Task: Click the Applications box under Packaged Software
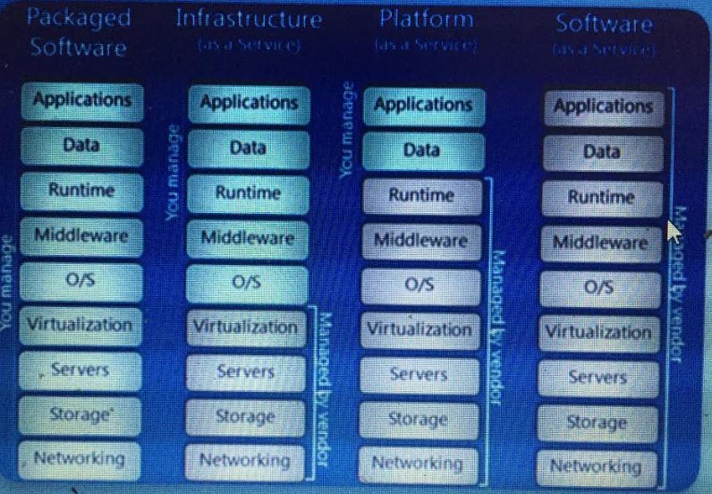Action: click(81, 99)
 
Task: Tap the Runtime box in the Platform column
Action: click(421, 195)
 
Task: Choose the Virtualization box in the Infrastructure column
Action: click(245, 328)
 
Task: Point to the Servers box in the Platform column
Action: click(420, 375)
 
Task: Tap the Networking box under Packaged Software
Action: click(79, 459)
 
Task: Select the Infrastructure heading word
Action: click(248, 18)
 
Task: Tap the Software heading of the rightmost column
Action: click(605, 23)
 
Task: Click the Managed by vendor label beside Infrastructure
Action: click(325, 388)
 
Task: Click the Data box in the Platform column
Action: click(421, 150)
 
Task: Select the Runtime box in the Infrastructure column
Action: click(248, 192)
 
